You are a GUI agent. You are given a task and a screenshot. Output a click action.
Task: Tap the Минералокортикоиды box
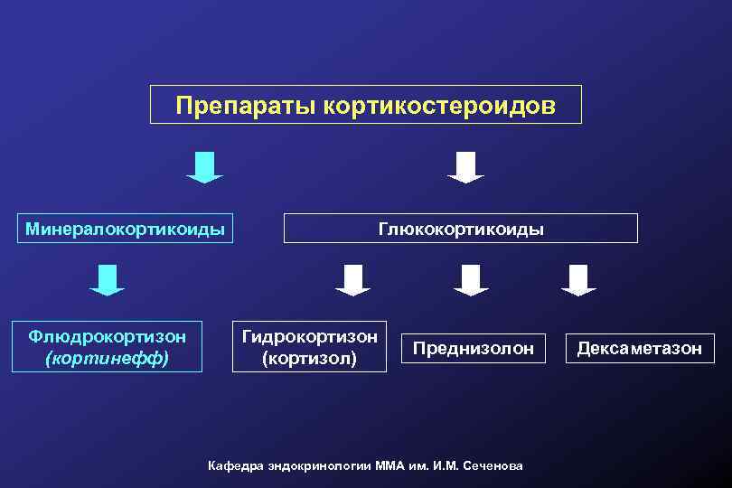(x=125, y=229)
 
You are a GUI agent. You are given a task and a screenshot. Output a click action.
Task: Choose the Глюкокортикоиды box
(x=461, y=229)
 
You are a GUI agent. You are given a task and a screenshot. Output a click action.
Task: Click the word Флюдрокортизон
(x=108, y=336)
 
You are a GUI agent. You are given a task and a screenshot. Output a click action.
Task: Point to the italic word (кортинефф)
(x=107, y=358)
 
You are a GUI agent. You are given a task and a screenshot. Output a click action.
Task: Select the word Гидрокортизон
(x=309, y=336)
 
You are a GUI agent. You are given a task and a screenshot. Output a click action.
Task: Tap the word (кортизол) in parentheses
(x=309, y=358)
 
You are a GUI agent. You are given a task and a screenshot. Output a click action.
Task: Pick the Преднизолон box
(x=474, y=348)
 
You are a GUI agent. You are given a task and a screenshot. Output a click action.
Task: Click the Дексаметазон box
(x=640, y=348)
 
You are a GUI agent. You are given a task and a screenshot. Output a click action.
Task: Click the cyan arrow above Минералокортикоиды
(x=204, y=167)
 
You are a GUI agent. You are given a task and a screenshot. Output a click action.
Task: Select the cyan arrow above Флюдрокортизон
(x=107, y=279)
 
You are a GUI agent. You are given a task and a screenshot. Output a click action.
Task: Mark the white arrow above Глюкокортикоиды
(x=466, y=167)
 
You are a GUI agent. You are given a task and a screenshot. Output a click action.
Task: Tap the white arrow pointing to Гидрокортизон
(x=352, y=279)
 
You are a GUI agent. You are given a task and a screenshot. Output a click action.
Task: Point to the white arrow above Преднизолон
(x=471, y=279)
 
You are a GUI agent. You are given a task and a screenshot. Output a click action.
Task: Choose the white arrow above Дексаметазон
(x=578, y=279)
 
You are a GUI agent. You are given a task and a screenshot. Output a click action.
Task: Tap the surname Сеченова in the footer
(x=493, y=465)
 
